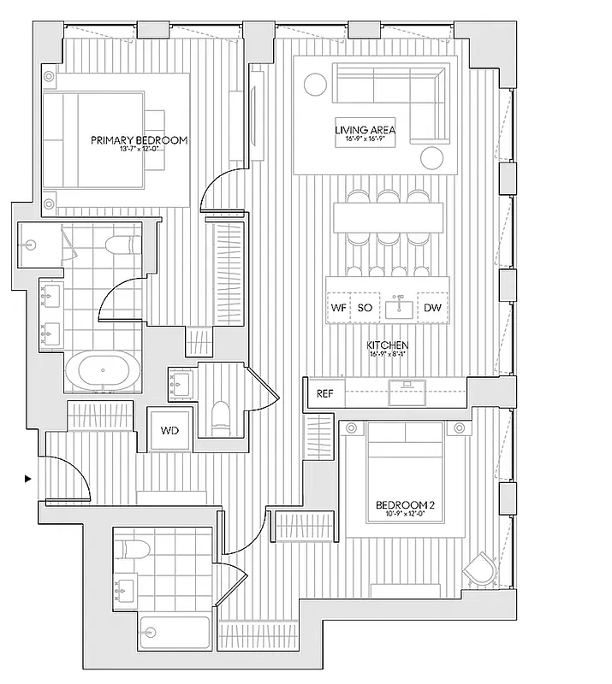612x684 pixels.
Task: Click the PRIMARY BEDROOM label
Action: [x=140, y=139]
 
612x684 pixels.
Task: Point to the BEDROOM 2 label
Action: [x=406, y=505]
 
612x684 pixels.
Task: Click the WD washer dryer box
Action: [x=169, y=430]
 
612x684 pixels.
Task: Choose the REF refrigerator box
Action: [x=325, y=394]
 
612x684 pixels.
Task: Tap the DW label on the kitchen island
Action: [x=431, y=307]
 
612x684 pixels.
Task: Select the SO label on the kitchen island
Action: [x=364, y=307]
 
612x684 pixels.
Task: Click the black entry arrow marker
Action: [x=28, y=479]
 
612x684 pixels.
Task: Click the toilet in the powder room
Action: [x=219, y=416]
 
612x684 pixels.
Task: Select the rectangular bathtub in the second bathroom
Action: [x=175, y=634]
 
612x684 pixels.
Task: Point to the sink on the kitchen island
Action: [x=399, y=305]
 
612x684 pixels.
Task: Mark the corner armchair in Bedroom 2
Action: [x=479, y=568]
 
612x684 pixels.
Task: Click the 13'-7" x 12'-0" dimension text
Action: [x=140, y=150]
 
